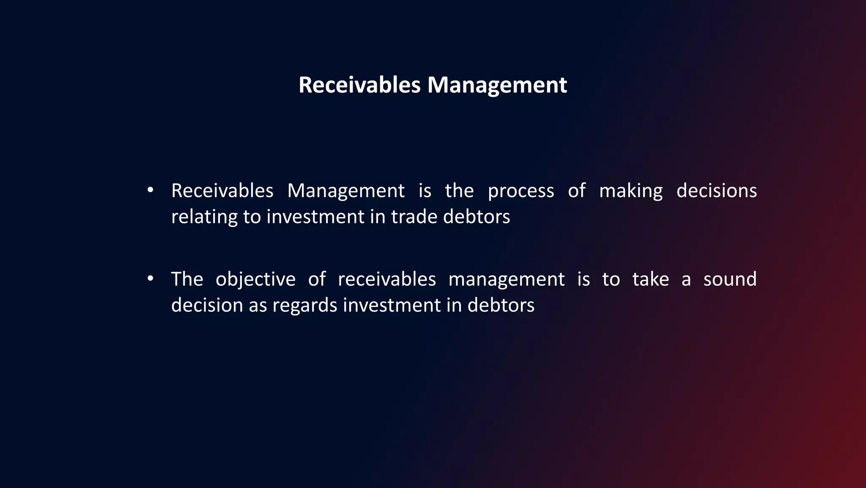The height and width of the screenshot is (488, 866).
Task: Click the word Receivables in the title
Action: click(359, 85)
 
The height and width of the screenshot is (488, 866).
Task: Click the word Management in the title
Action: click(497, 85)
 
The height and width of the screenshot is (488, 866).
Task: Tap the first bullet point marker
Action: click(150, 191)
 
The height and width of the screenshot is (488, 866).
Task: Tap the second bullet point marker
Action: click(150, 279)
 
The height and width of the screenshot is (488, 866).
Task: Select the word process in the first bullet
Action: click(521, 191)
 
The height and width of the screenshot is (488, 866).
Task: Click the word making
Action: click(630, 191)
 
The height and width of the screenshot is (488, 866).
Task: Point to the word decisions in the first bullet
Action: click(716, 191)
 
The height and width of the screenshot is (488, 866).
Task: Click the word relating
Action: click(204, 217)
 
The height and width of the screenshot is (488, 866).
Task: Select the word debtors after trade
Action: click(477, 217)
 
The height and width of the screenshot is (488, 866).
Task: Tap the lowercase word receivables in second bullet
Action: click(386, 279)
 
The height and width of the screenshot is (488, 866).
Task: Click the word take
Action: click(650, 279)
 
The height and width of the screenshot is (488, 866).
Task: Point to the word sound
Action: click(730, 279)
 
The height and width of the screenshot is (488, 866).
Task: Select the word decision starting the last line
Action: click(207, 305)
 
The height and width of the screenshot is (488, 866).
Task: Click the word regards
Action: click(304, 305)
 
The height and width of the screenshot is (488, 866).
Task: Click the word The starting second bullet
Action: click(187, 279)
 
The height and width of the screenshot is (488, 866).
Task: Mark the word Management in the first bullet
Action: click(345, 191)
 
